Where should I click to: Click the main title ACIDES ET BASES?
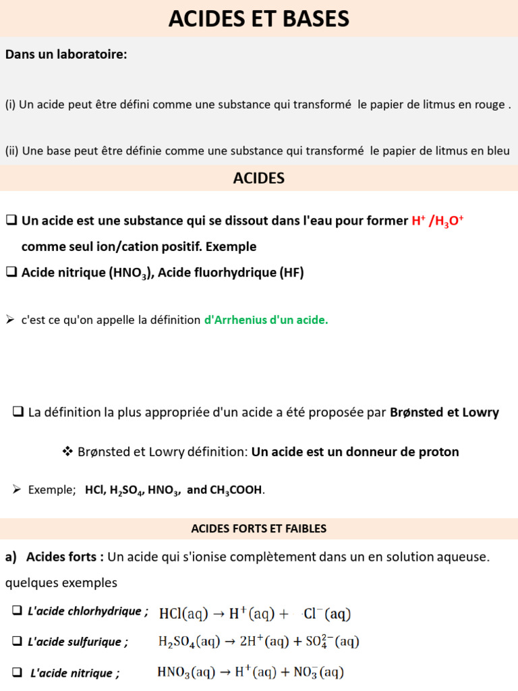point(259,18)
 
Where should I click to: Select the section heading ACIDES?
point(259,178)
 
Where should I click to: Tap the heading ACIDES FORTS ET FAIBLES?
point(259,528)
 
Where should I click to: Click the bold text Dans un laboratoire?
point(66,55)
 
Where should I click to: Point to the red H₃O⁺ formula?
point(447,221)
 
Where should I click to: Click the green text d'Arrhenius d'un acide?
point(266,321)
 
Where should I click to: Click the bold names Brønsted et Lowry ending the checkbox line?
point(444,412)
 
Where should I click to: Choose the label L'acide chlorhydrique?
point(87,611)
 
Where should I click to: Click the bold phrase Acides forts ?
point(65,557)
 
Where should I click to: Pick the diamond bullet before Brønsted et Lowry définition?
point(67,451)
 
